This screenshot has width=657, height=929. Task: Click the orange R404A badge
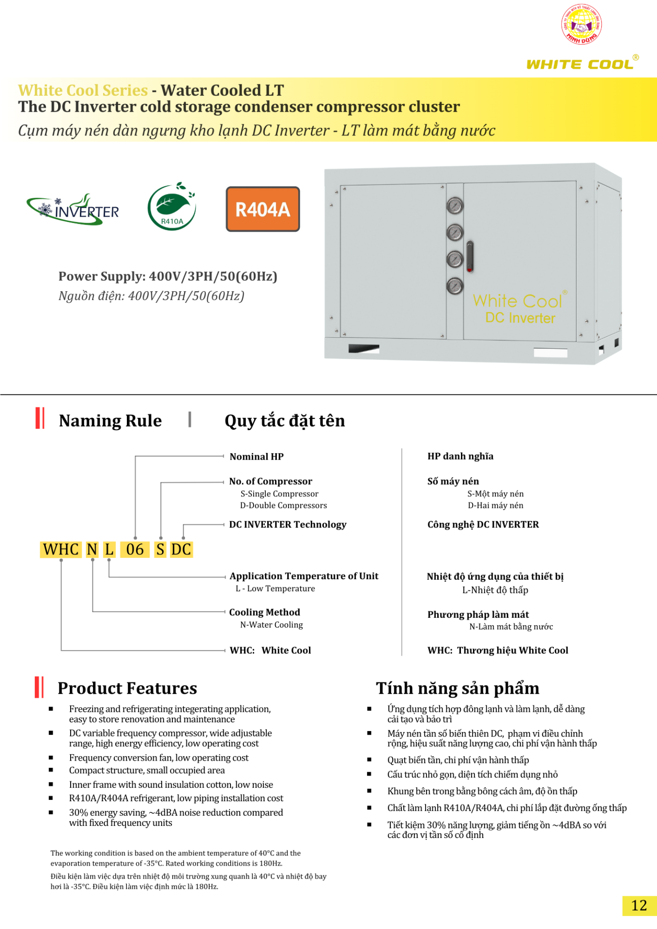pos(263,209)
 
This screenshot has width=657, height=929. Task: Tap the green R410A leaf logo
pos(172,207)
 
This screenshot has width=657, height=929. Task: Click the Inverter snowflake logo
pos(73,210)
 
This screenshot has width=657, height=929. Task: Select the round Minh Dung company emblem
pos(581,25)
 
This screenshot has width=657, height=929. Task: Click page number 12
pos(639,905)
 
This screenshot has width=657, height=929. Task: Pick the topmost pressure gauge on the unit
pos(455,206)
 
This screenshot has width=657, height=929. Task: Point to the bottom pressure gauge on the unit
pos(455,286)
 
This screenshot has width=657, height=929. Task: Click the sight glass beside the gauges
pos(469,256)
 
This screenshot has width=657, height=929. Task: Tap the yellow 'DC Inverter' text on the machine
pos(520,318)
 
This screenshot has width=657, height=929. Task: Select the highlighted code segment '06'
pos(135,550)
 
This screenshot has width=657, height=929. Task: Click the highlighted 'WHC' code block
pos(61,550)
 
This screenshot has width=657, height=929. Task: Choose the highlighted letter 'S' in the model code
pos(160,550)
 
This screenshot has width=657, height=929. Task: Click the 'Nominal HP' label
pos(257,457)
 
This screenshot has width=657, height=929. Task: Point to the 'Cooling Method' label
pos(264,613)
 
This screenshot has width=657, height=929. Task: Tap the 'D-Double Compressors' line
pos(283,506)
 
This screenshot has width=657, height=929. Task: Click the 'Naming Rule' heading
pos(110,421)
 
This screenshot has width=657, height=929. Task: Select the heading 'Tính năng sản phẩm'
pos(458,688)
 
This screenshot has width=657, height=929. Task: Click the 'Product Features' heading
pos(127,688)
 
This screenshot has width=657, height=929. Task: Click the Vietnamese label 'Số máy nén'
pos(453,481)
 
